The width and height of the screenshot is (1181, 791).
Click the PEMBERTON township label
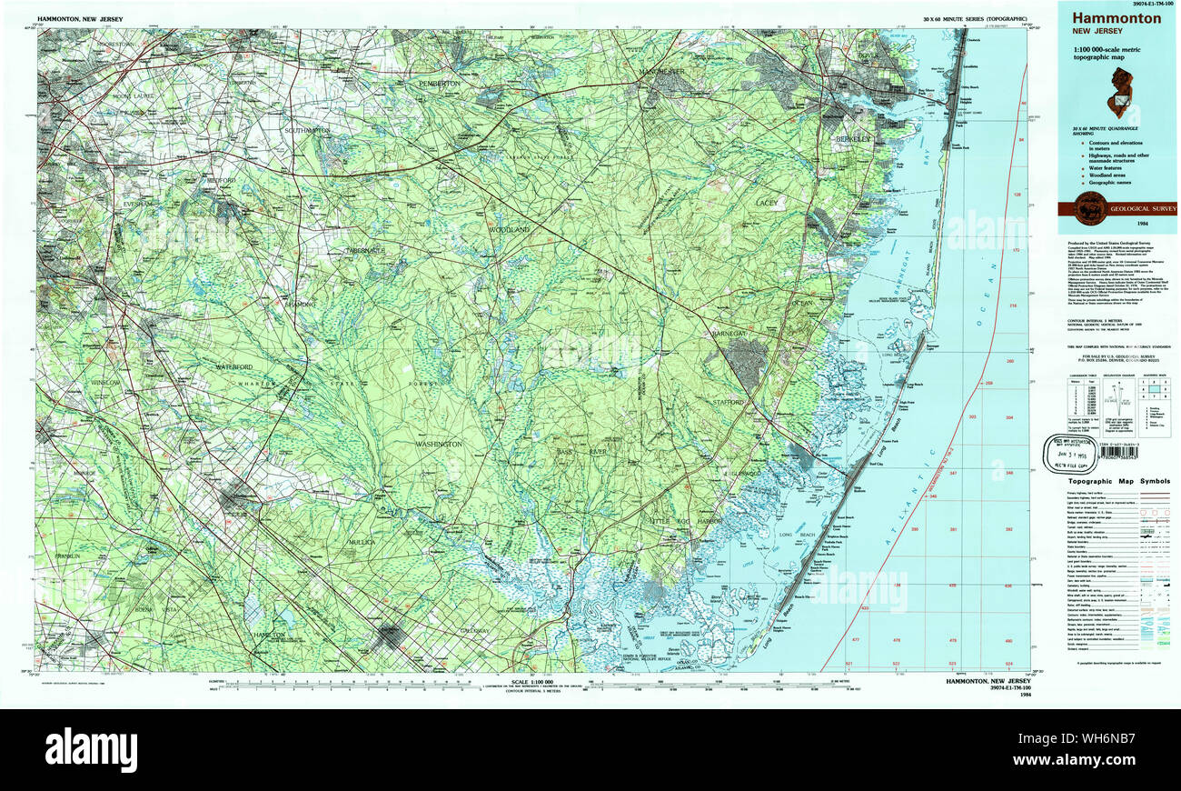tap(440, 83)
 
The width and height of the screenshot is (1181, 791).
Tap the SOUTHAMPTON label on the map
tap(308, 130)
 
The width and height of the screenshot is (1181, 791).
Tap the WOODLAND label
tap(509, 230)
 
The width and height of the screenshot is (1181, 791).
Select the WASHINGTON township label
tap(439, 444)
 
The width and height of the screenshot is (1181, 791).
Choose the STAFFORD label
tap(728, 401)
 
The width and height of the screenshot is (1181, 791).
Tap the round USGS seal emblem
tap(1089, 208)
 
